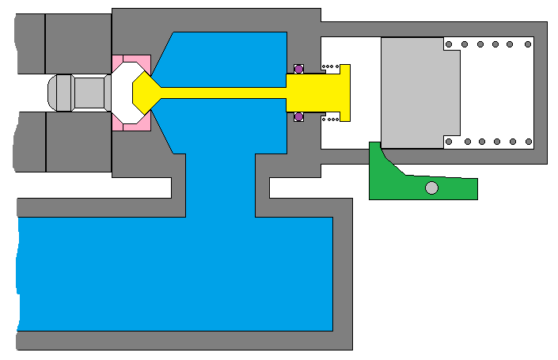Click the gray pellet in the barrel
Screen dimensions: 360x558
[79, 93]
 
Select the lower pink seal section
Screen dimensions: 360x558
[131, 122]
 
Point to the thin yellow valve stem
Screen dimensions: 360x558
[222, 93]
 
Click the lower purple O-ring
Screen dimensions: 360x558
[299, 117]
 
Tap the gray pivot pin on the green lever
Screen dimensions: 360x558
[431, 188]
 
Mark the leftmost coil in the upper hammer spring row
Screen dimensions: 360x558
[449, 44]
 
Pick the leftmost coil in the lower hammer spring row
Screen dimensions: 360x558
[449, 142]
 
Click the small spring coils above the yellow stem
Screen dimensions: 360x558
[330, 66]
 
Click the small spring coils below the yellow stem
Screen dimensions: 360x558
[331, 119]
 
